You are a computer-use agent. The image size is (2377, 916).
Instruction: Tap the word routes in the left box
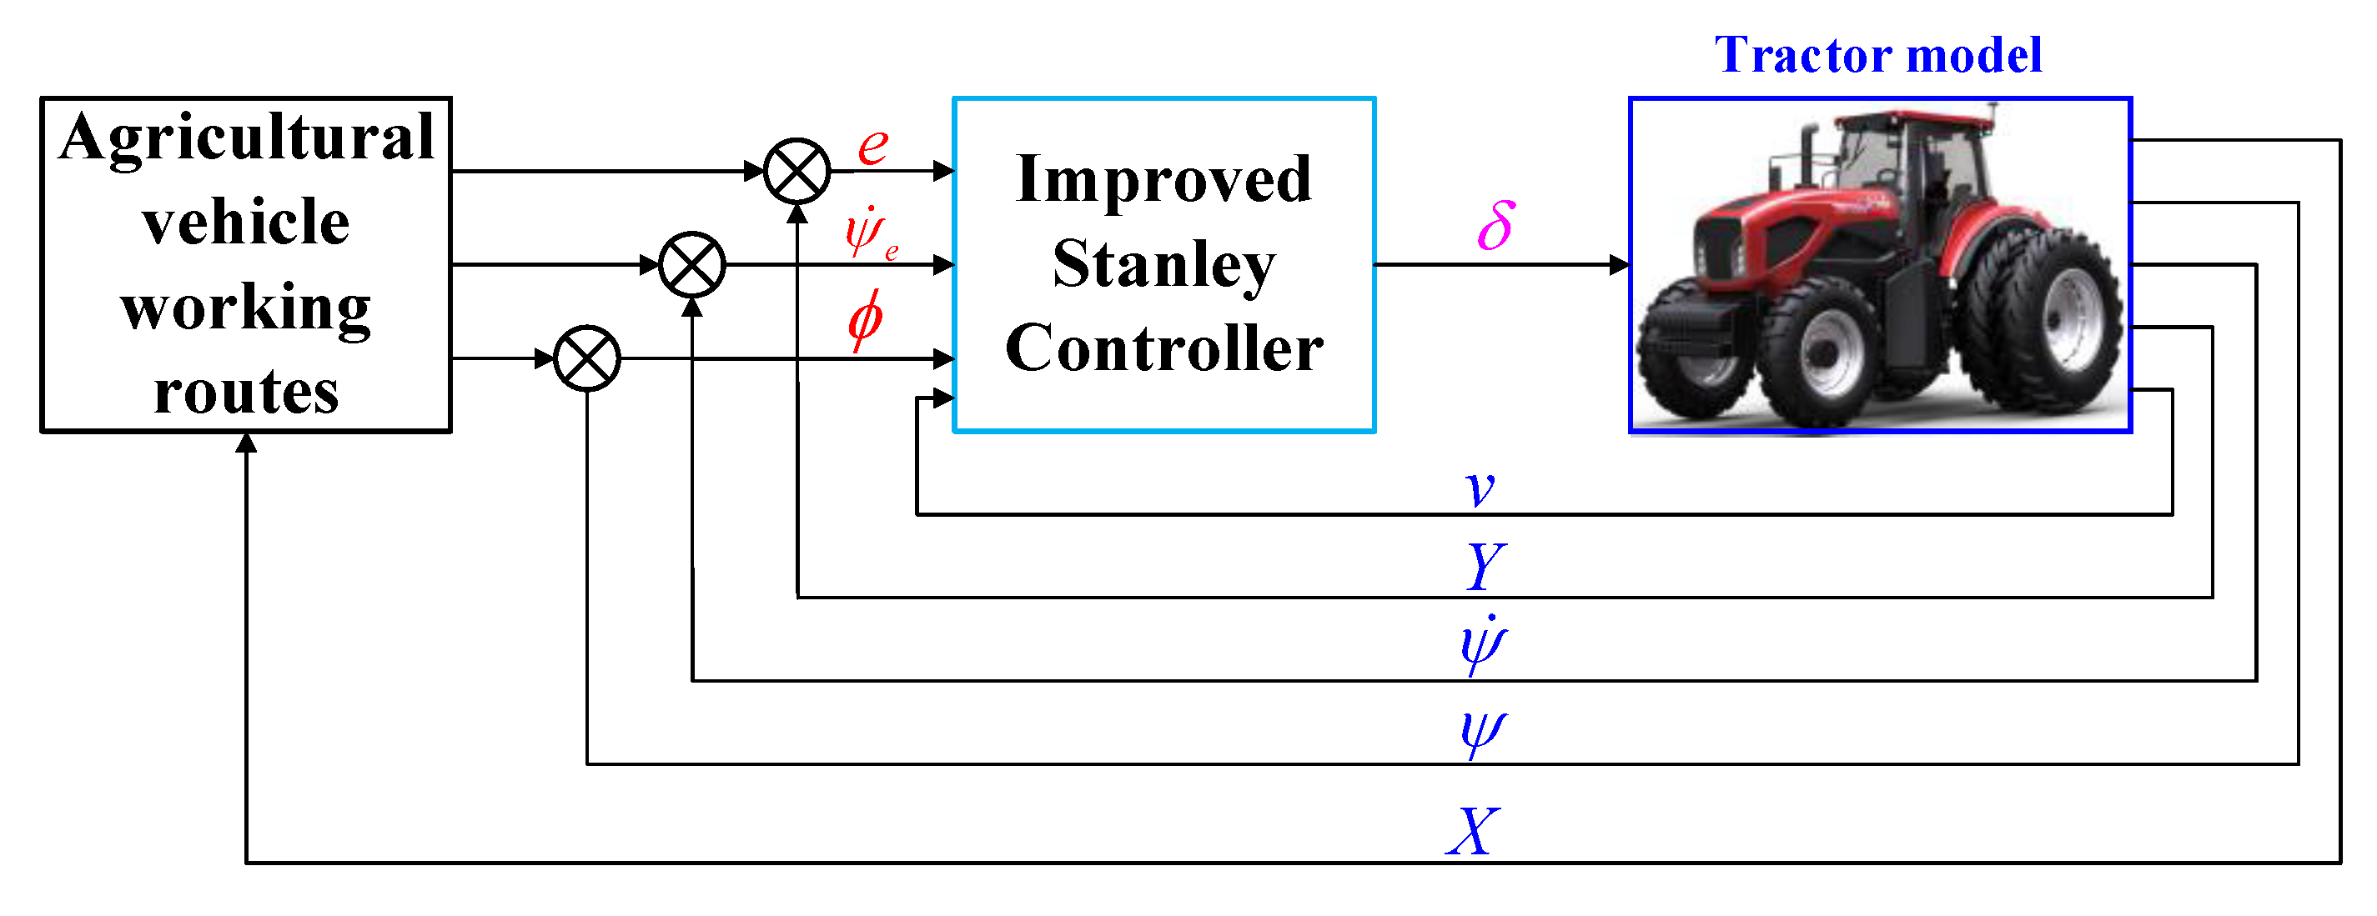(245, 392)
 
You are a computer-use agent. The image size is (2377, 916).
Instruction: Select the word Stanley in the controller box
(1163, 265)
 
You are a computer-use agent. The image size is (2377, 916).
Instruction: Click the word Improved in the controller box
(1163, 180)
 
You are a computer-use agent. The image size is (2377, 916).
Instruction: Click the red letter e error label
(873, 146)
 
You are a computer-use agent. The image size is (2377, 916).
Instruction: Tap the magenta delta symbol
(1495, 226)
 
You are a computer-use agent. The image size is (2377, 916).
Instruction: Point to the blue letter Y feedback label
(1485, 568)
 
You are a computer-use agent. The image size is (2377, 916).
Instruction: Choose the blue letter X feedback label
(1473, 831)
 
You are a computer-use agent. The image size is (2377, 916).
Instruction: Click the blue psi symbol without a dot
(1483, 733)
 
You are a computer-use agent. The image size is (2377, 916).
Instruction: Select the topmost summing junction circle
(797, 171)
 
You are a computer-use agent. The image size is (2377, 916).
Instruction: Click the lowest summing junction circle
(587, 358)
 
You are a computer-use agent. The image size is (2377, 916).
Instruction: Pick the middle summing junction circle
(692, 265)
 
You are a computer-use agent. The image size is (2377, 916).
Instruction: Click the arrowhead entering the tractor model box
(1620, 265)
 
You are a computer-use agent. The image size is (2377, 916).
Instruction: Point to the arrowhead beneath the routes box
(245, 443)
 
